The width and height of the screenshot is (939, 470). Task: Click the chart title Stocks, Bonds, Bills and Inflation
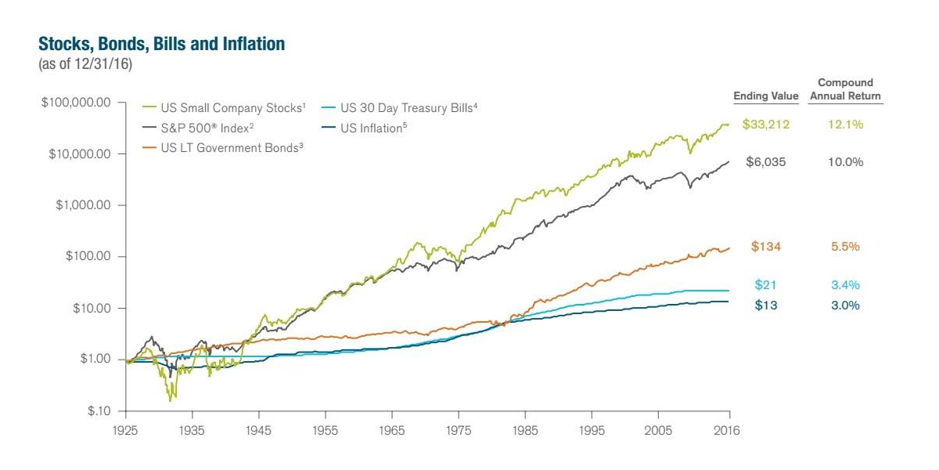click(161, 44)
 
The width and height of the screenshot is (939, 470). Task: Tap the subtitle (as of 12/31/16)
click(85, 63)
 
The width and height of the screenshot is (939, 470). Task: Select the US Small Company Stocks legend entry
click(224, 108)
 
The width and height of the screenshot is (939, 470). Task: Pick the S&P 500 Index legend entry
click(198, 128)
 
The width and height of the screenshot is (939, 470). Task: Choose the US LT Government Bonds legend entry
click(222, 148)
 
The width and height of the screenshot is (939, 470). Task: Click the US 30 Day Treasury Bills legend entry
click(400, 108)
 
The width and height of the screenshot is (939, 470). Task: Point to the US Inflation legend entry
click(365, 128)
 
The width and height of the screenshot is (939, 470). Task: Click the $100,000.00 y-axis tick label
click(76, 103)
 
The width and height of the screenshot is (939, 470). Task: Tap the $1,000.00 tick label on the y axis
click(83, 205)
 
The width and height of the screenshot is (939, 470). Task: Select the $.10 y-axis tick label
click(99, 410)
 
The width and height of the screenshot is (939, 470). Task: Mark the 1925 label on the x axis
click(125, 431)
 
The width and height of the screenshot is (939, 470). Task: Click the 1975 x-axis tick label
click(459, 431)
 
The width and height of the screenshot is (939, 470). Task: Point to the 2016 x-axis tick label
click(727, 431)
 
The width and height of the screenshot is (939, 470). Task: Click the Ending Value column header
click(766, 96)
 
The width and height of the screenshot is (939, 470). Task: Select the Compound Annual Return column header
click(845, 89)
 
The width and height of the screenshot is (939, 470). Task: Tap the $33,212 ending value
click(766, 125)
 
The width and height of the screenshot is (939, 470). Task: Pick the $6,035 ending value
click(766, 162)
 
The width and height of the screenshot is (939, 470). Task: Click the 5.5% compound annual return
click(845, 246)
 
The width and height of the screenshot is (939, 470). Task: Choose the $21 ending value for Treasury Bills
click(766, 285)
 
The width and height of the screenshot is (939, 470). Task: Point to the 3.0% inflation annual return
click(845, 305)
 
